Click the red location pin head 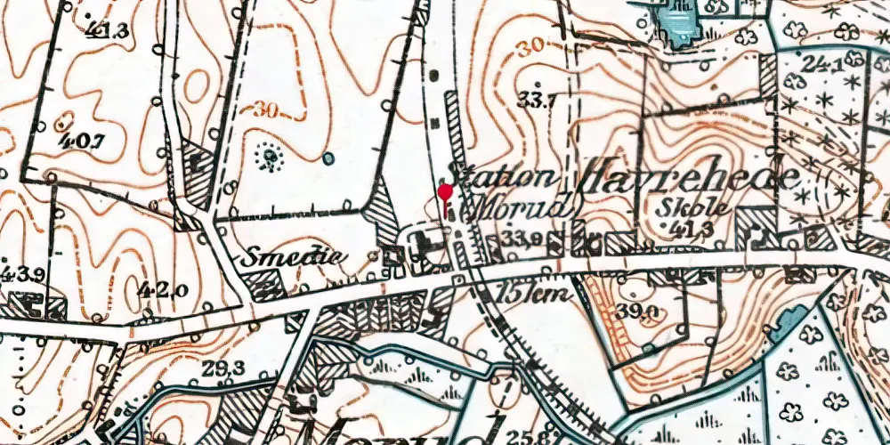click(x=446, y=190)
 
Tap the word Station click(x=505, y=174)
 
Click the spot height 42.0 click(x=162, y=287)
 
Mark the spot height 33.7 click(x=538, y=100)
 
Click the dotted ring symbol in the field click(x=267, y=158)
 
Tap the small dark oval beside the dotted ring click(x=328, y=158)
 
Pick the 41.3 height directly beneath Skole click(x=704, y=228)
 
